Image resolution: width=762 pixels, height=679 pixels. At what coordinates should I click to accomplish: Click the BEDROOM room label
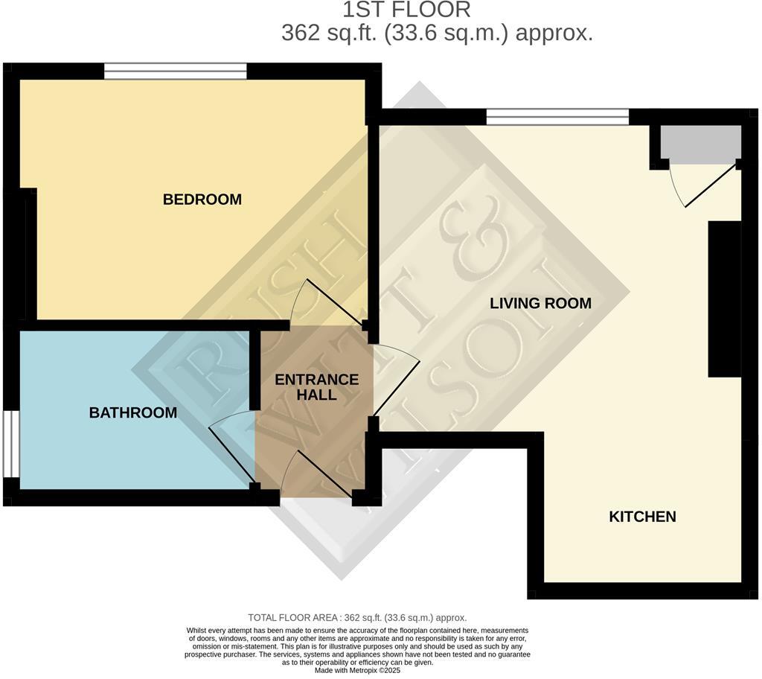pyautogui.click(x=202, y=200)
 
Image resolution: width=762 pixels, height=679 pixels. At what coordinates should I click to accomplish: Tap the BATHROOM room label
pyautogui.click(x=133, y=412)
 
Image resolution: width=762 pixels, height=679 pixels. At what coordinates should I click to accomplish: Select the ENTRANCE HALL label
pyautogui.click(x=316, y=387)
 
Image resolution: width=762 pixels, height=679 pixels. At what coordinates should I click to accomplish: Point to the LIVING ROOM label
pyautogui.click(x=540, y=303)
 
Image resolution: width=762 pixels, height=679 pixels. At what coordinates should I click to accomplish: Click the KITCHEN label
pyautogui.click(x=642, y=517)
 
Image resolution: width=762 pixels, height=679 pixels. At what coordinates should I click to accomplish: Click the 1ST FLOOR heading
pyautogui.click(x=406, y=10)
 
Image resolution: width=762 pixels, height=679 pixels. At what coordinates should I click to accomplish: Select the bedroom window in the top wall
pyautogui.click(x=175, y=71)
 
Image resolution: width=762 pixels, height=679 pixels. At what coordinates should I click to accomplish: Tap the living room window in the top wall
pyautogui.click(x=557, y=116)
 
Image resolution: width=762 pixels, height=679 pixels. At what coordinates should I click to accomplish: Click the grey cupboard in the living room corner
pyautogui.click(x=701, y=144)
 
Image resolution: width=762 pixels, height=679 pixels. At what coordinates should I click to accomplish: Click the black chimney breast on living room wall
pyautogui.click(x=723, y=298)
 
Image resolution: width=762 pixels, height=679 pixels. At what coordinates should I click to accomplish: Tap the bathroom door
pyautogui.click(x=232, y=450)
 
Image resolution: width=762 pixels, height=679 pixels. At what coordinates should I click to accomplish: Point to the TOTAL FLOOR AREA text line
pyautogui.click(x=357, y=618)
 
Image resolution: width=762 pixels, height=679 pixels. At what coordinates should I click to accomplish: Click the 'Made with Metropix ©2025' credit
pyautogui.click(x=357, y=670)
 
